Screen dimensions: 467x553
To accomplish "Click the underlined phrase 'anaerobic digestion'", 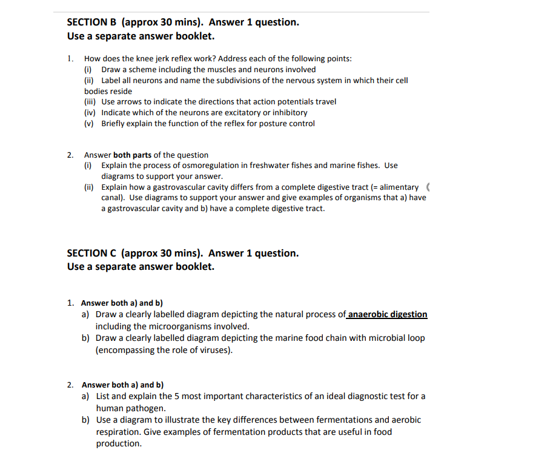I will click(x=388, y=314).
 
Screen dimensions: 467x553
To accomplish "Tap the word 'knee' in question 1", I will click(x=136, y=59).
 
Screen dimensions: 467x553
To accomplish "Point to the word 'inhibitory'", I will click(x=288, y=113).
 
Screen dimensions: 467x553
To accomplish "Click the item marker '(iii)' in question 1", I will click(x=91, y=102).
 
